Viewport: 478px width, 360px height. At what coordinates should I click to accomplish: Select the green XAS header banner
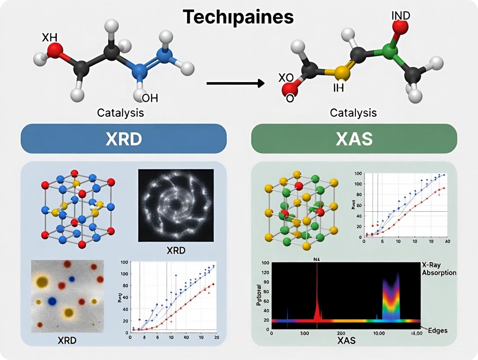click(x=354, y=138)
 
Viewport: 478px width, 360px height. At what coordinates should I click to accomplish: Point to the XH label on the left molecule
click(x=49, y=38)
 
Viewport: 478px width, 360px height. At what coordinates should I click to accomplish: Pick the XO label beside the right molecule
click(x=285, y=78)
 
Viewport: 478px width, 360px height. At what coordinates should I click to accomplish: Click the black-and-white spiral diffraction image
click(x=176, y=205)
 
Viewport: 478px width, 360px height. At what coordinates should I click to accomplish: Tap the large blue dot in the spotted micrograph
click(x=52, y=301)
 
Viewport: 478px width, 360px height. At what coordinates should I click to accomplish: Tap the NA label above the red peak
click(x=317, y=260)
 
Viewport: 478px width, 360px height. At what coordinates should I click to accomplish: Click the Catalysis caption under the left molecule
click(x=121, y=113)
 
